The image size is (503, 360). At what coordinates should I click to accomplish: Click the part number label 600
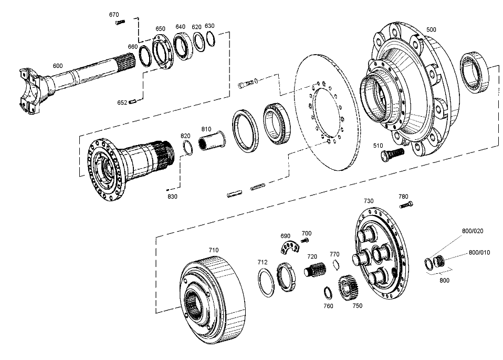point(58,66)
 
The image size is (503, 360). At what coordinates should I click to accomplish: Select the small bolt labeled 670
point(120,22)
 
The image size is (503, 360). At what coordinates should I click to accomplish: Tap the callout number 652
point(122,102)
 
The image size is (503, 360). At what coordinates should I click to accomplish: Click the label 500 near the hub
point(431,30)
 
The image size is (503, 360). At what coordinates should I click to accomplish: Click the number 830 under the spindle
point(172,197)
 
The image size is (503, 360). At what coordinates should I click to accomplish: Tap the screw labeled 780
point(404,204)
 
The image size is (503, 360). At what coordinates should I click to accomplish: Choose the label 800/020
point(473,231)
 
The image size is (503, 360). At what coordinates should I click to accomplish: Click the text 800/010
point(479,252)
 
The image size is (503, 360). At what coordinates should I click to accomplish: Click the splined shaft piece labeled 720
point(313,272)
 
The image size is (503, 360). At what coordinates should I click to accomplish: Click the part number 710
point(214,250)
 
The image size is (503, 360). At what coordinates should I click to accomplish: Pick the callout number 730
point(369,201)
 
